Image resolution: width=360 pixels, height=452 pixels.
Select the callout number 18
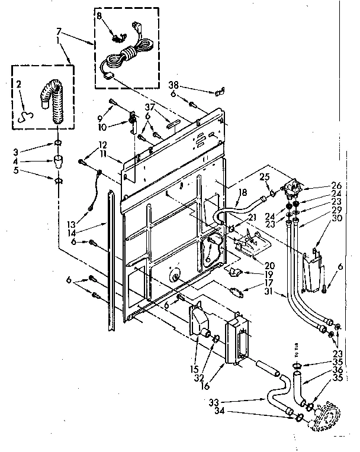242,193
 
